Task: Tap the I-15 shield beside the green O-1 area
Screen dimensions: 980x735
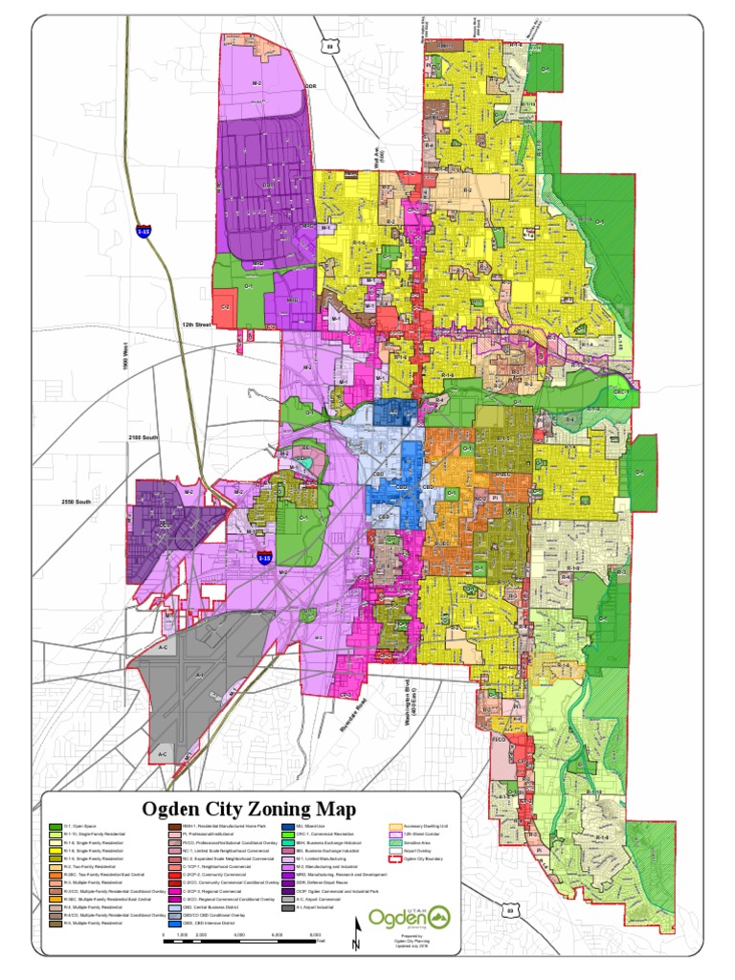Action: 264,557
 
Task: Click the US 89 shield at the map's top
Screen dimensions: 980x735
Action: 331,45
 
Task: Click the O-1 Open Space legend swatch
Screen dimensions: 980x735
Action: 56,826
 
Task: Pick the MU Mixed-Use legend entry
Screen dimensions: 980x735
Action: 288,826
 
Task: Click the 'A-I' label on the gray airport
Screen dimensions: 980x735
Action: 200,676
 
